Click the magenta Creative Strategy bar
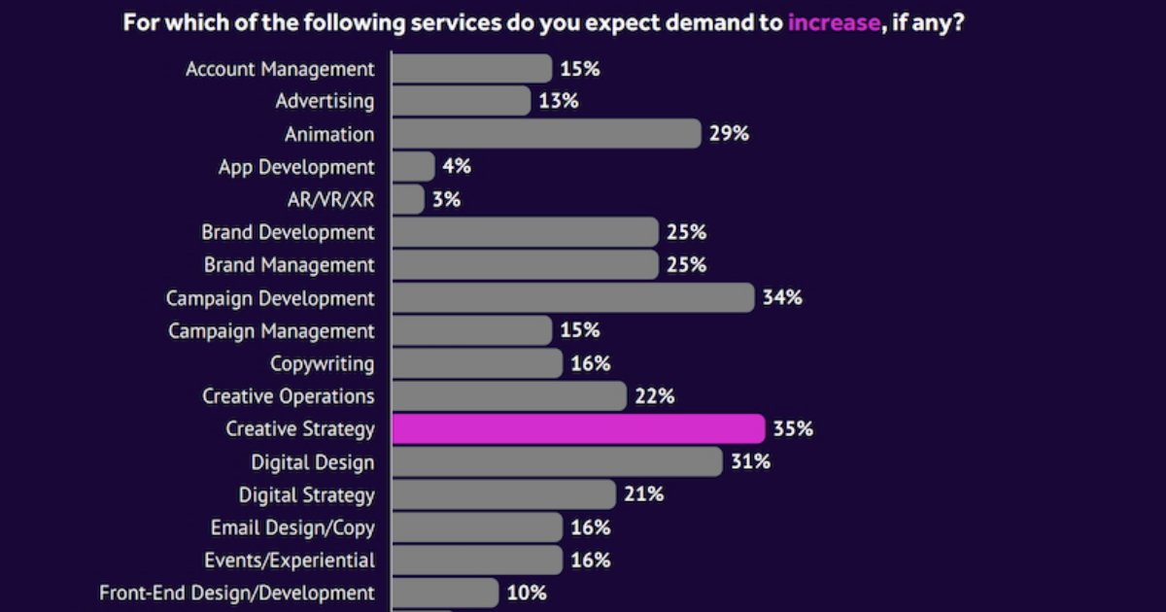(578, 428)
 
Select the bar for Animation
(545, 134)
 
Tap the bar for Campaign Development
(572, 297)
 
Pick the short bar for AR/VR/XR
(408, 199)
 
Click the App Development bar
(413, 166)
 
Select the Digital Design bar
(557, 461)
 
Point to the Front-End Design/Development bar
(445, 593)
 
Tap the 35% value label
(793, 428)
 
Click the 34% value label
(782, 297)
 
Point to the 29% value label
(729, 134)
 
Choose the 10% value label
(527, 593)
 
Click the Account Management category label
(280, 69)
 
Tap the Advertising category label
(325, 101)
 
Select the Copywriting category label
(322, 363)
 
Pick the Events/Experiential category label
(289, 561)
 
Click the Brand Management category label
(289, 264)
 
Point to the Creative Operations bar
(508, 395)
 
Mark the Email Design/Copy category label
(292, 527)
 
